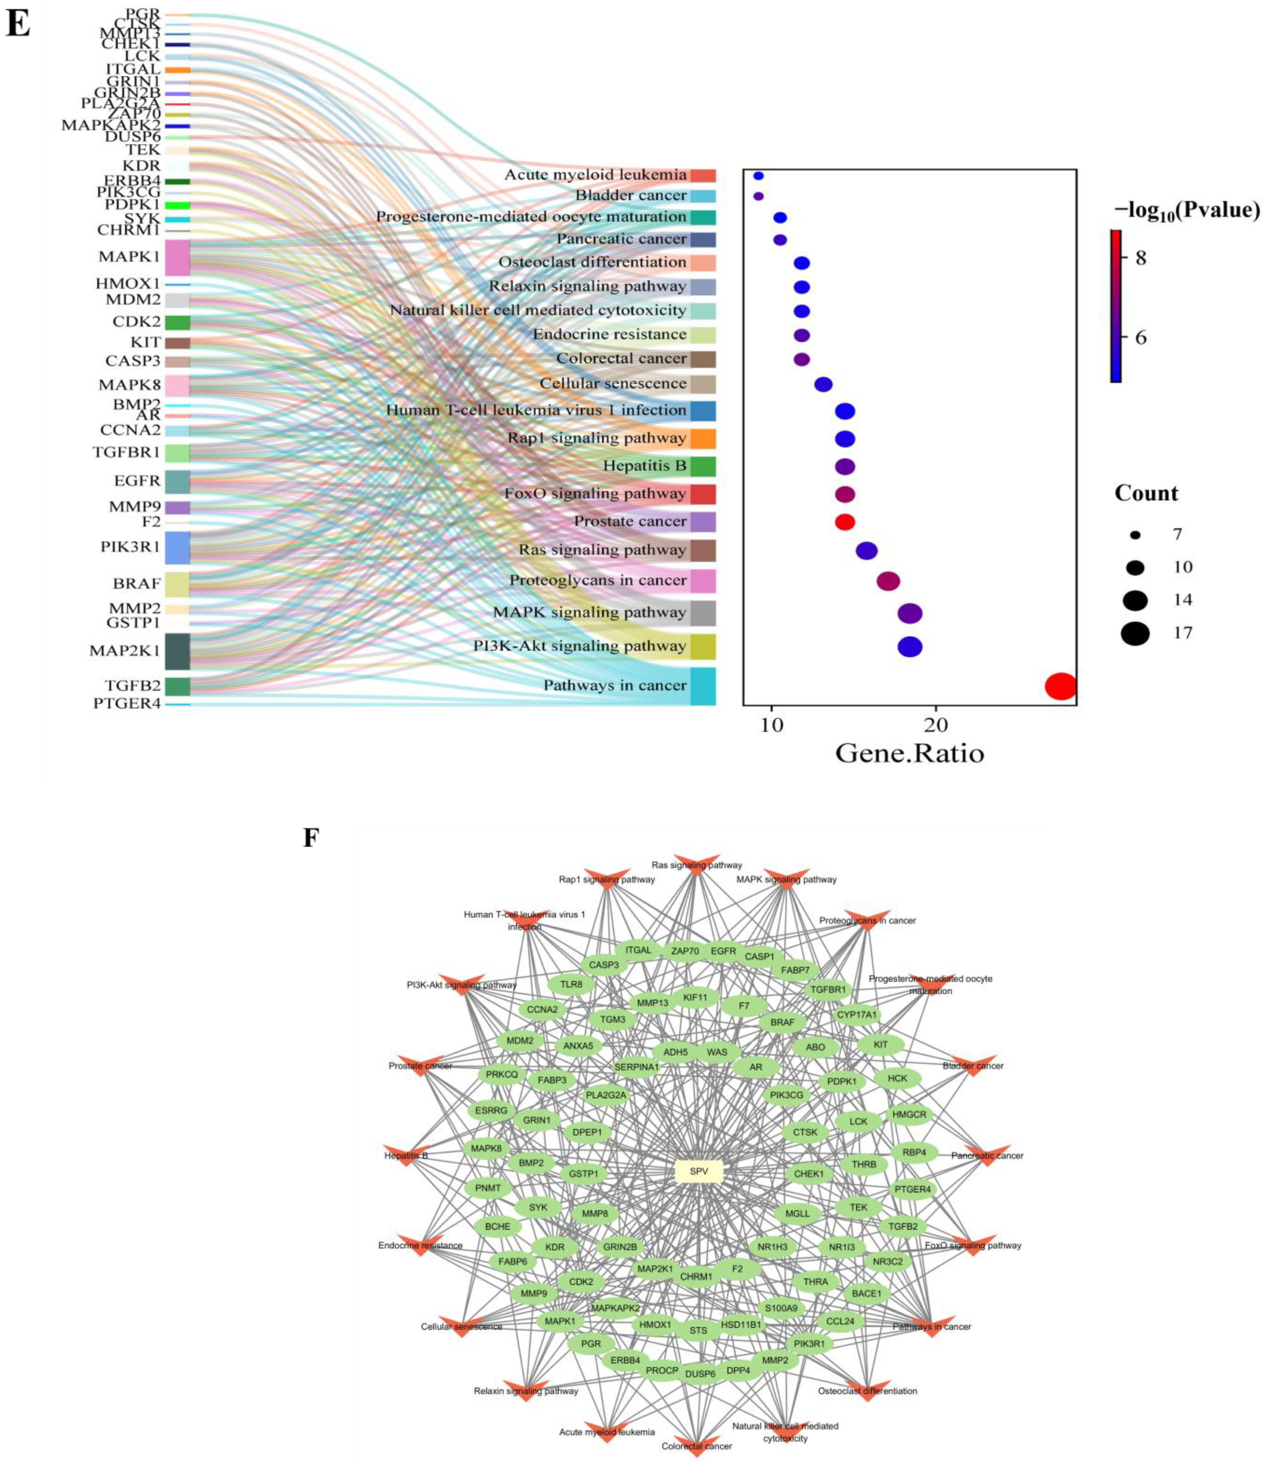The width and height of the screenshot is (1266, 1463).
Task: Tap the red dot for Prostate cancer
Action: point(845,522)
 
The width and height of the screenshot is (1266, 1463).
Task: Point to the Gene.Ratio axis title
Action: point(909,754)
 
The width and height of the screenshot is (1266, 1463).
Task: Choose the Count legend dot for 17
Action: point(1135,633)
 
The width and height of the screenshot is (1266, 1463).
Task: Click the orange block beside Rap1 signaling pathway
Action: point(703,439)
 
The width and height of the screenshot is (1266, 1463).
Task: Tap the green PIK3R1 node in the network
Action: point(809,1344)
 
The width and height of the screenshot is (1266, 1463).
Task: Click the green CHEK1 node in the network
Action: point(809,1173)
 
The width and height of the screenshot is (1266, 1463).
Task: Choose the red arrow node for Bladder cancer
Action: point(972,1067)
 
